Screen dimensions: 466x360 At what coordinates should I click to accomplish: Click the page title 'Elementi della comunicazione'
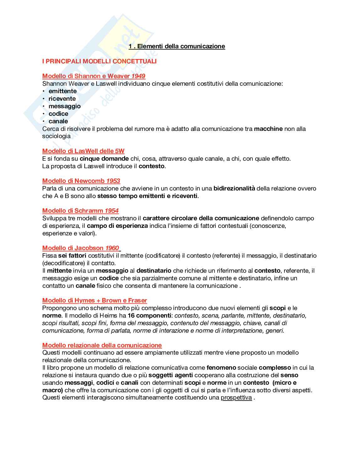[181, 46]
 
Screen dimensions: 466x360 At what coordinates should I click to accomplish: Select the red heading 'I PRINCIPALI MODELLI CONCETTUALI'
[99, 61]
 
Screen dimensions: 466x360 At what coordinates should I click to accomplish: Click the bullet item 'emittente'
[62, 91]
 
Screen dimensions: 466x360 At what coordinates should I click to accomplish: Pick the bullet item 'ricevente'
[62, 99]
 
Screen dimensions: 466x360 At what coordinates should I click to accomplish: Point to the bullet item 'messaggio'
[65, 106]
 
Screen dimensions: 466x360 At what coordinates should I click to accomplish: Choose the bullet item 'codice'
[58, 114]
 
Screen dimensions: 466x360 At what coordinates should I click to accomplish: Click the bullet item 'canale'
[58, 121]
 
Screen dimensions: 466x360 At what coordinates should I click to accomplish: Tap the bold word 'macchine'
[268, 129]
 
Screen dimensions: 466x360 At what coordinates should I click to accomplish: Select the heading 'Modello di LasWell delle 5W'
[83, 151]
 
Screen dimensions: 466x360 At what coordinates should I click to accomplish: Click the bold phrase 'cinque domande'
[104, 158]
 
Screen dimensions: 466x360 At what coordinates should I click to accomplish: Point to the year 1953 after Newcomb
[113, 181]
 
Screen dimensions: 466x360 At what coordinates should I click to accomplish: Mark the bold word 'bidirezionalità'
[234, 188]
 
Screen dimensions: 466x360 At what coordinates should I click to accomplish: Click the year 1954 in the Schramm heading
[112, 211]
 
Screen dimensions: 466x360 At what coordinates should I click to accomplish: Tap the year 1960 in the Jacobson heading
[112, 248]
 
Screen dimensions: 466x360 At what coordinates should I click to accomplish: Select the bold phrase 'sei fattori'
[72, 255]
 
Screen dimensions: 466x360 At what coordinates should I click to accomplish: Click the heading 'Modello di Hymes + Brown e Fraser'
[94, 300]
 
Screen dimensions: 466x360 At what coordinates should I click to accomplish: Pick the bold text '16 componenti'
[149, 315]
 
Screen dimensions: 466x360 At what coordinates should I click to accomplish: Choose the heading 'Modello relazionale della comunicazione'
[102, 345]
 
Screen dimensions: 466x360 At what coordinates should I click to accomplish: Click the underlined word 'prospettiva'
[236, 398]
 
